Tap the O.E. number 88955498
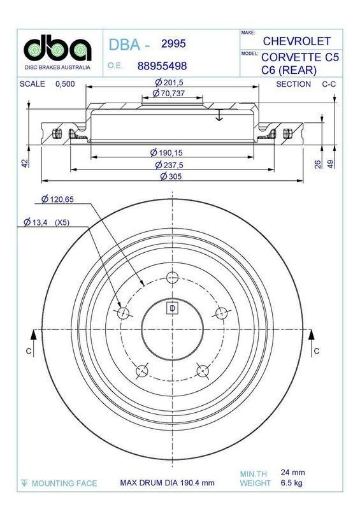162,66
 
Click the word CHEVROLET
296,41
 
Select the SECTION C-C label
302,84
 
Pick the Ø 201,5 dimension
169,83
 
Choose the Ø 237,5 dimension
169,165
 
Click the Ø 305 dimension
168,176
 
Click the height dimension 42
25,163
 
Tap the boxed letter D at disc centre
171,309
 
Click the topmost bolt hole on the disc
171,277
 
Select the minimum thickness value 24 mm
293,472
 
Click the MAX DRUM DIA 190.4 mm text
168,483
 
